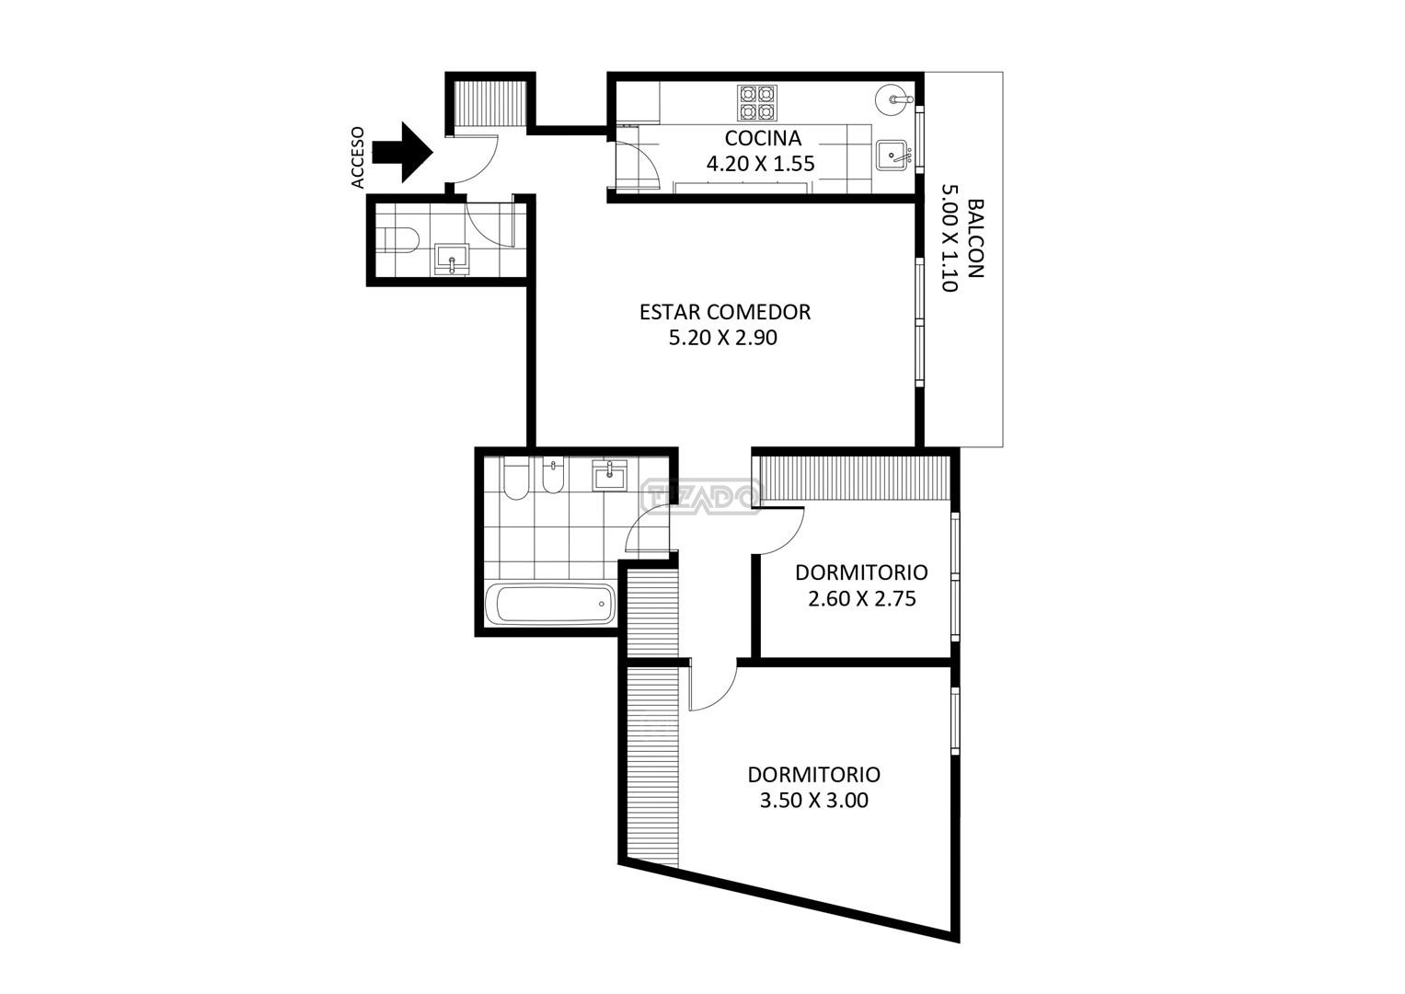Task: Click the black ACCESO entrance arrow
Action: (402, 153)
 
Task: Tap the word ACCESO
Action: (358, 157)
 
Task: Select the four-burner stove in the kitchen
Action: (757, 103)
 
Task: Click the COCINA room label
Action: (763, 138)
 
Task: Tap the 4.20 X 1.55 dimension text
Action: (760, 164)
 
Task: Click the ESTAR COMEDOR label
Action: (725, 312)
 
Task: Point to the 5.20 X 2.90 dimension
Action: (723, 338)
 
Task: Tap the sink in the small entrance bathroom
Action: (452, 260)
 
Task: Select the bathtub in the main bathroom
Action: (551, 604)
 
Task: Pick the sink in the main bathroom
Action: (610, 475)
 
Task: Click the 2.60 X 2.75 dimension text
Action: (862, 598)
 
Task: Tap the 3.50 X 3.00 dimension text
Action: (814, 801)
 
